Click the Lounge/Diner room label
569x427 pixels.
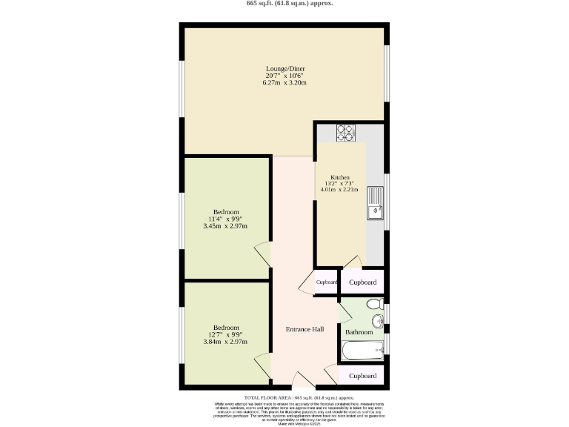pyautogui.click(x=285, y=68)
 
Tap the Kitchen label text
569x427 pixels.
pyautogui.click(x=339, y=178)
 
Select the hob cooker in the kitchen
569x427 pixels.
pyautogui.click(x=345, y=132)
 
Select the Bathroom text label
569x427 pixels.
pyautogui.click(x=359, y=332)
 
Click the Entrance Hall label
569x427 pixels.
pyautogui.click(x=305, y=329)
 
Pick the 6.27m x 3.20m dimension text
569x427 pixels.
pyautogui.click(x=285, y=82)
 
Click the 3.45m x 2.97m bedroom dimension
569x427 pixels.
pyautogui.click(x=225, y=226)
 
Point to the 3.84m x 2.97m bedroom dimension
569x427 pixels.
pyautogui.click(x=225, y=342)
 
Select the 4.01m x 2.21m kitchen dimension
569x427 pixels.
pyautogui.click(x=339, y=189)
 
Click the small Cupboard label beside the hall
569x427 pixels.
pyautogui.click(x=326, y=282)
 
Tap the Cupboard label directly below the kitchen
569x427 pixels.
pyautogui.click(x=362, y=282)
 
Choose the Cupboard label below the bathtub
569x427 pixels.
pyautogui.click(x=362, y=376)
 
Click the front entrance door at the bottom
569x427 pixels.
pyautogui.click(x=302, y=382)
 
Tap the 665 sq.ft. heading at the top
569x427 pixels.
pyautogui.click(x=284, y=4)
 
